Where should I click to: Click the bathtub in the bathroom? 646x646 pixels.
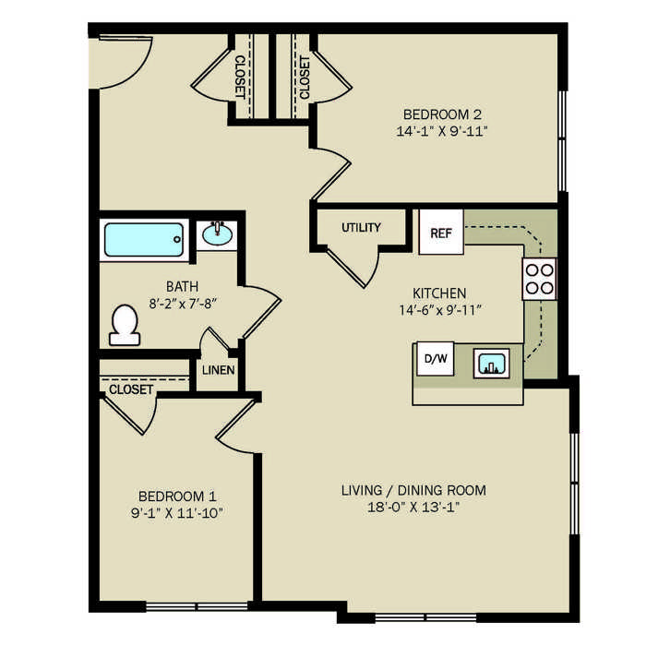pyautogui.click(x=144, y=240)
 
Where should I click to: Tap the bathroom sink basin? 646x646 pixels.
pyautogui.click(x=217, y=234)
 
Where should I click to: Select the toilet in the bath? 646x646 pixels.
pyautogui.click(x=125, y=325)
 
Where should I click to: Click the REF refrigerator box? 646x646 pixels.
pyautogui.click(x=441, y=232)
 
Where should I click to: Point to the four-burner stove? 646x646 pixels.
pyautogui.click(x=539, y=279)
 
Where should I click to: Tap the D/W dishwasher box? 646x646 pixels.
pyautogui.click(x=436, y=358)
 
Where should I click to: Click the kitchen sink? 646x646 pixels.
pyautogui.click(x=492, y=363)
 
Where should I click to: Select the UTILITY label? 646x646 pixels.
pyautogui.click(x=362, y=227)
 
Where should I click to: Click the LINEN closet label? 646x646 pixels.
pyautogui.click(x=219, y=370)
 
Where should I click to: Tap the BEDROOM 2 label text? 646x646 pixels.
pyautogui.click(x=442, y=114)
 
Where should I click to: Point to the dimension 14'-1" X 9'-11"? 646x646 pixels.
pyautogui.click(x=442, y=131)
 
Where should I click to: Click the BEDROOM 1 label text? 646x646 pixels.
pyautogui.click(x=177, y=496)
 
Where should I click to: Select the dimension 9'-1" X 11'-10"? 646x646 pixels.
pyautogui.click(x=177, y=513)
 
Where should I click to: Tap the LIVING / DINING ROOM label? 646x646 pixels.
pyautogui.click(x=413, y=490)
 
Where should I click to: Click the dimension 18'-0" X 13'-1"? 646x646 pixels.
pyautogui.click(x=413, y=507)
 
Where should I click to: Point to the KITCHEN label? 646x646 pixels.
pyautogui.click(x=439, y=293)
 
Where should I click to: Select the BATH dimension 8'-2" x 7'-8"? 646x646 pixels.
pyautogui.click(x=183, y=304)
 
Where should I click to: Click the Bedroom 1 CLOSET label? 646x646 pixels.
pyautogui.click(x=131, y=389)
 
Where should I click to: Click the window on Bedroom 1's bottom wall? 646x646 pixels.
pyautogui.click(x=197, y=606)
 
